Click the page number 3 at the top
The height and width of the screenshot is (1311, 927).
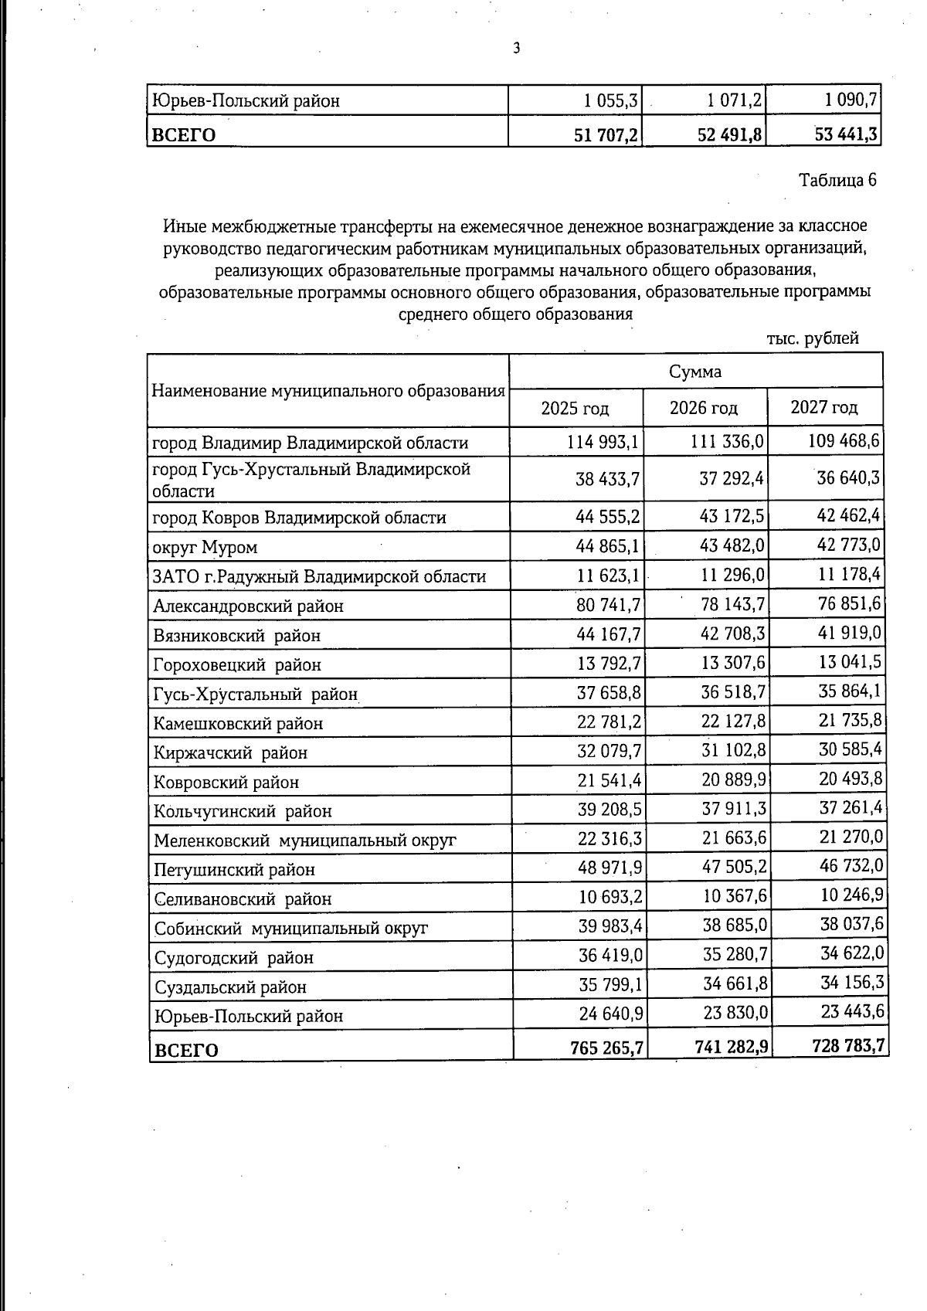pos(516,49)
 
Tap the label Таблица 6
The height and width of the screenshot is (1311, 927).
pos(837,180)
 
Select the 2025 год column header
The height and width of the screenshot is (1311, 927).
pos(575,408)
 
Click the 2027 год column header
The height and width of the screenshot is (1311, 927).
pos(823,407)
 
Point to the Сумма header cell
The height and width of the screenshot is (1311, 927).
pos(695,372)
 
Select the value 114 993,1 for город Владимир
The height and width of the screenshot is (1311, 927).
pos(602,442)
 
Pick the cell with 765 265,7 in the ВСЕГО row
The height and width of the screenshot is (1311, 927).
pos(607,1048)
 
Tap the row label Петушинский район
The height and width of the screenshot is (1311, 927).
pos(234,870)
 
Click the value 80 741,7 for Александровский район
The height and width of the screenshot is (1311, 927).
pos(608,605)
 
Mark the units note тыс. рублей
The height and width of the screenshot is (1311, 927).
pos(812,338)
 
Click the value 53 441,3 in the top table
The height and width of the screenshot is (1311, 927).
pos(845,134)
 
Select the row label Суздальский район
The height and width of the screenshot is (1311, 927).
pos(230,987)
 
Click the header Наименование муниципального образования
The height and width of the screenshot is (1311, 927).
pos(328,390)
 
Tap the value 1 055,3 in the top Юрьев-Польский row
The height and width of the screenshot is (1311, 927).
pos(610,100)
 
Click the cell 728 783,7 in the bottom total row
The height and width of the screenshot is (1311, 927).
pos(848,1046)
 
